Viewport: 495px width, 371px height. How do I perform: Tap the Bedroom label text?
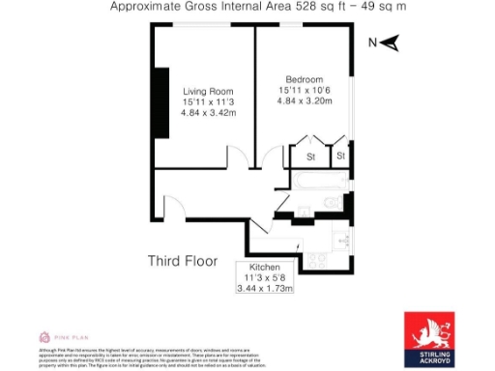(304, 78)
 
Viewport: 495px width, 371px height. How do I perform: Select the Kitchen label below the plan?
(265, 267)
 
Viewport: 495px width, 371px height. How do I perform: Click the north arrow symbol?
(392, 43)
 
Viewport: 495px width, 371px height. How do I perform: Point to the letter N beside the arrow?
(373, 43)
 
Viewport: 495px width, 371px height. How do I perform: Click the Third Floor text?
(182, 261)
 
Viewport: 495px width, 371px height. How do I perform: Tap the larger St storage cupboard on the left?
(311, 157)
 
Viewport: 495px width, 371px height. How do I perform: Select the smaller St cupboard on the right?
(341, 157)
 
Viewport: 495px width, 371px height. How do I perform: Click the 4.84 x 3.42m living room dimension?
(209, 112)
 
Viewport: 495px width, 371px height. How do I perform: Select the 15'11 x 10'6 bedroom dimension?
(304, 89)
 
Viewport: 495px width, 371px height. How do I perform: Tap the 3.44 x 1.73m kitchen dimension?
(265, 288)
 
